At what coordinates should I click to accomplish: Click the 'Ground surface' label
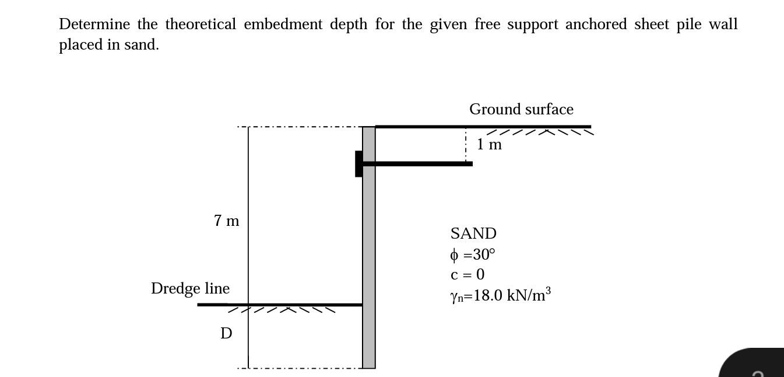point(521,109)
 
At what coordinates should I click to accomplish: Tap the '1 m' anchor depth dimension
point(489,144)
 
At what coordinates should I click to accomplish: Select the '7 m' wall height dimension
point(226,221)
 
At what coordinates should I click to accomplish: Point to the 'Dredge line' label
point(190,288)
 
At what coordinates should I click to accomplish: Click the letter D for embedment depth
point(226,333)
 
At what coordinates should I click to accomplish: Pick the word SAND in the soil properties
point(473,233)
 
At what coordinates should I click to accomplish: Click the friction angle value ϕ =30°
point(473,254)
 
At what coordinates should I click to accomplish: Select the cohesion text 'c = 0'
point(467,274)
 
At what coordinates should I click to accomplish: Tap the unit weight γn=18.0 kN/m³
point(500,295)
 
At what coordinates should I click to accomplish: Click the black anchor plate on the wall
point(358,163)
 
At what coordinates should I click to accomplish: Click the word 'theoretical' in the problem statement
point(201,25)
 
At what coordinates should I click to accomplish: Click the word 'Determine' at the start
point(94,25)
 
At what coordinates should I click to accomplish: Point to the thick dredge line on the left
point(280,305)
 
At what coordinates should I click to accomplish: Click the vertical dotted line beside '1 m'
point(466,144)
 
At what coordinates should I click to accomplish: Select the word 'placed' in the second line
point(80,45)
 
